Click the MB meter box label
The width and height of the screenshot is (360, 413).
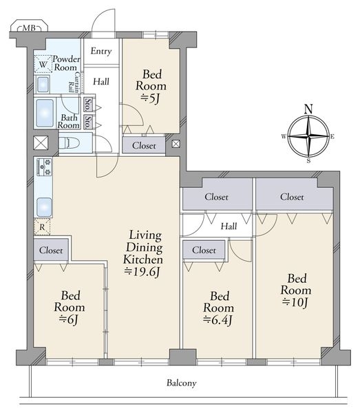click(29, 28)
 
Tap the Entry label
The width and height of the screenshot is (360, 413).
click(101, 51)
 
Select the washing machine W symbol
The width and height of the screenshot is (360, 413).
click(43, 64)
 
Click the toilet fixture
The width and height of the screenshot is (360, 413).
click(69, 142)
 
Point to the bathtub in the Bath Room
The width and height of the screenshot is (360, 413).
click(45, 113)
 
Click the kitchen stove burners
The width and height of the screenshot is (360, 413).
click(44, 167)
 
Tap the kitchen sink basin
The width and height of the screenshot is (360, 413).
click(44, 207)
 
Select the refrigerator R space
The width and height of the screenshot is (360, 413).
click(42, 226)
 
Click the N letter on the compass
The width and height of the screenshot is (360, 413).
click(308, 109)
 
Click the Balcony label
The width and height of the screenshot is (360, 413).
click(182, 383)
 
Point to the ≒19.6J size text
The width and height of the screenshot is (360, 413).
click(142, 272)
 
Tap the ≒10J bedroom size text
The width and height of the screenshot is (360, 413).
click(295, 302)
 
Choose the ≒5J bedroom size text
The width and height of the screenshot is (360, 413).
click(150, 98)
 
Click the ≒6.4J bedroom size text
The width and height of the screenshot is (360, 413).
click(218, 320)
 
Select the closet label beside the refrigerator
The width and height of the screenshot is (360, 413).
click(51, 250)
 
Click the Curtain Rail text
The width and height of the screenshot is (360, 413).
click(74, 82)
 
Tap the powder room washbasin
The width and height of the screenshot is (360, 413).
click(43, 84)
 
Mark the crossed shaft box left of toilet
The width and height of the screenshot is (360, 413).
click(41, 142)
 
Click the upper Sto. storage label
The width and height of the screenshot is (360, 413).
click(88, 105)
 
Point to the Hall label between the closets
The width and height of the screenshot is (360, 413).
click(229, 226)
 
